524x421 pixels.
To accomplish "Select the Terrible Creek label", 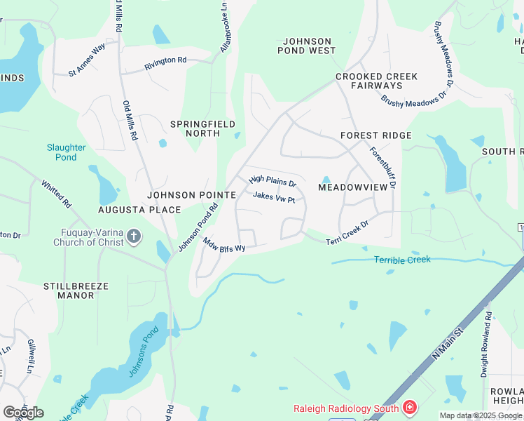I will pos(402,260).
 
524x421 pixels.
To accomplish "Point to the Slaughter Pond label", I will pos(67,152).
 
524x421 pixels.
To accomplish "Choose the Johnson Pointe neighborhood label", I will pos(181,194).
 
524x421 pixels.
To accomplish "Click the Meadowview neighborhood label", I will pos(352,187).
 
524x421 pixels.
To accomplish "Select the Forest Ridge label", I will pos(375,135).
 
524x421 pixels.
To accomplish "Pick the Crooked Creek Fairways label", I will pos(376,81).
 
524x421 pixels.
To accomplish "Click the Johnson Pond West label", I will pos(309,46).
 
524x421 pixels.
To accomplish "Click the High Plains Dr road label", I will pos(273,182).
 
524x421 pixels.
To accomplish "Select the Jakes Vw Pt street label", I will pos(274,198).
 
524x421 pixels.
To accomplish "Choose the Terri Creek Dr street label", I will pos(347,238).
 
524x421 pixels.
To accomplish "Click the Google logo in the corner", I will pos(23,412).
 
